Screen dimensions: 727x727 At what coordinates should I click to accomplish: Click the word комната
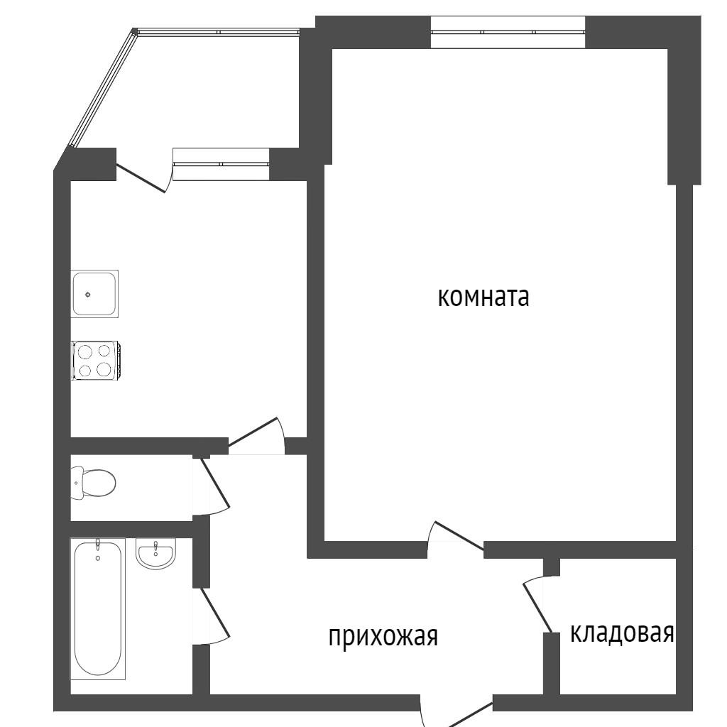point(483,297)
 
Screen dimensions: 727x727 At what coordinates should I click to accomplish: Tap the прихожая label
point(383,636)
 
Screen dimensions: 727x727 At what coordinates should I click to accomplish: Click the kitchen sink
point(94,294)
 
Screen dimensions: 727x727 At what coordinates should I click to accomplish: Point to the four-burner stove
point(96,360)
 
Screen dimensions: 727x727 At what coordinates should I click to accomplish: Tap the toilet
point(93,483)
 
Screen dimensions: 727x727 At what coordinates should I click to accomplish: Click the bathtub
point(98,608)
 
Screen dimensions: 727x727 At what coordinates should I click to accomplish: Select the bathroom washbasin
point(155,553)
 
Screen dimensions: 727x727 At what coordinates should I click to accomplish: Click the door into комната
point(455,537)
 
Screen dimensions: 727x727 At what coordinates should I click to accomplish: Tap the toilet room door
point(211,486)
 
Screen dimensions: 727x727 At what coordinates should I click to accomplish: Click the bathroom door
point(211,616)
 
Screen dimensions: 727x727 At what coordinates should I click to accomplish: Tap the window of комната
point(508,32)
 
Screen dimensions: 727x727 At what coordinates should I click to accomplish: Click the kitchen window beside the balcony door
point(221,164)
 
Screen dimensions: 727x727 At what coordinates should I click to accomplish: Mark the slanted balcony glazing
point(102,88)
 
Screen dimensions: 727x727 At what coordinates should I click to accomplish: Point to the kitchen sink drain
point(88,295)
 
